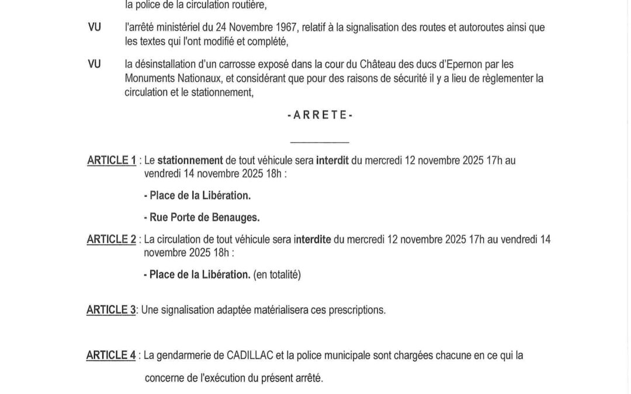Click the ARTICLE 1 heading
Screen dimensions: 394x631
(111, 160)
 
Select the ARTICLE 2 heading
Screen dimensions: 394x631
(111, 239)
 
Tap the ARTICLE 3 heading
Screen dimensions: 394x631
(110, 310)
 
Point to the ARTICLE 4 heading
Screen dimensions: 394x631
(111, 355)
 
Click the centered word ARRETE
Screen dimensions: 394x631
(320, 116)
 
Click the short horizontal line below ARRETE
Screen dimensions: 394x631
(320, 143)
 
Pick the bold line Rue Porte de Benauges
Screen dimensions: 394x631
(202, 217)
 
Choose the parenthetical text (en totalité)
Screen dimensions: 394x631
(277, 274)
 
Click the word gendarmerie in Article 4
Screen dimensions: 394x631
(182, 355)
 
